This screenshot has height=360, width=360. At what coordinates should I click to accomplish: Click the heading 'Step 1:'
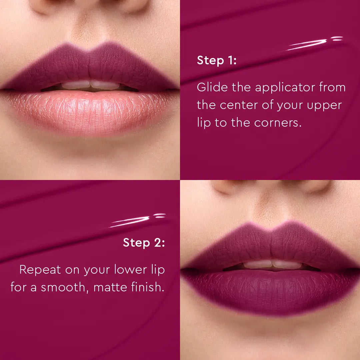[x=217, y=61]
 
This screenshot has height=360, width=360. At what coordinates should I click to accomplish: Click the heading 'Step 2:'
[x=144, y=243]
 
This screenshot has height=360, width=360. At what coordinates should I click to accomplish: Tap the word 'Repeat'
[x=40, y=270]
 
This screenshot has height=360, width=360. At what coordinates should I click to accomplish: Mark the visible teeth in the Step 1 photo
[x=90, y=86]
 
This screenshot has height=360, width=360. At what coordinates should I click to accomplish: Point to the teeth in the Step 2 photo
[x=272, y=265]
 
